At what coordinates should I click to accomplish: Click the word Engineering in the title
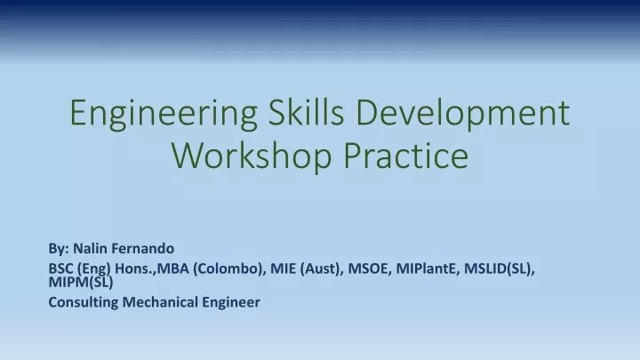(164, 114)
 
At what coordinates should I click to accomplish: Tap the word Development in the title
(463, 114)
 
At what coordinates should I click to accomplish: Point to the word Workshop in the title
(252, 157)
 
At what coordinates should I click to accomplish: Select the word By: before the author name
(59, 249)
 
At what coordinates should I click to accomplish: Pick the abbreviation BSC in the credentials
(60, 268)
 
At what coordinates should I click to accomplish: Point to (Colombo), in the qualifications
(230, 269)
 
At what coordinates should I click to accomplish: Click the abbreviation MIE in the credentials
(284, 268)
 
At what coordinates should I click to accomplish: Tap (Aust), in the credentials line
(322, 269)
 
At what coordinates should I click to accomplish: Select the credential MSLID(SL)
(500, 269)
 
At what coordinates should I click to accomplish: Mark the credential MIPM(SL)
(81, 282)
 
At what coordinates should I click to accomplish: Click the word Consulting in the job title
(84, 302)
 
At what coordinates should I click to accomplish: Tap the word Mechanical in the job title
(160, 302)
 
